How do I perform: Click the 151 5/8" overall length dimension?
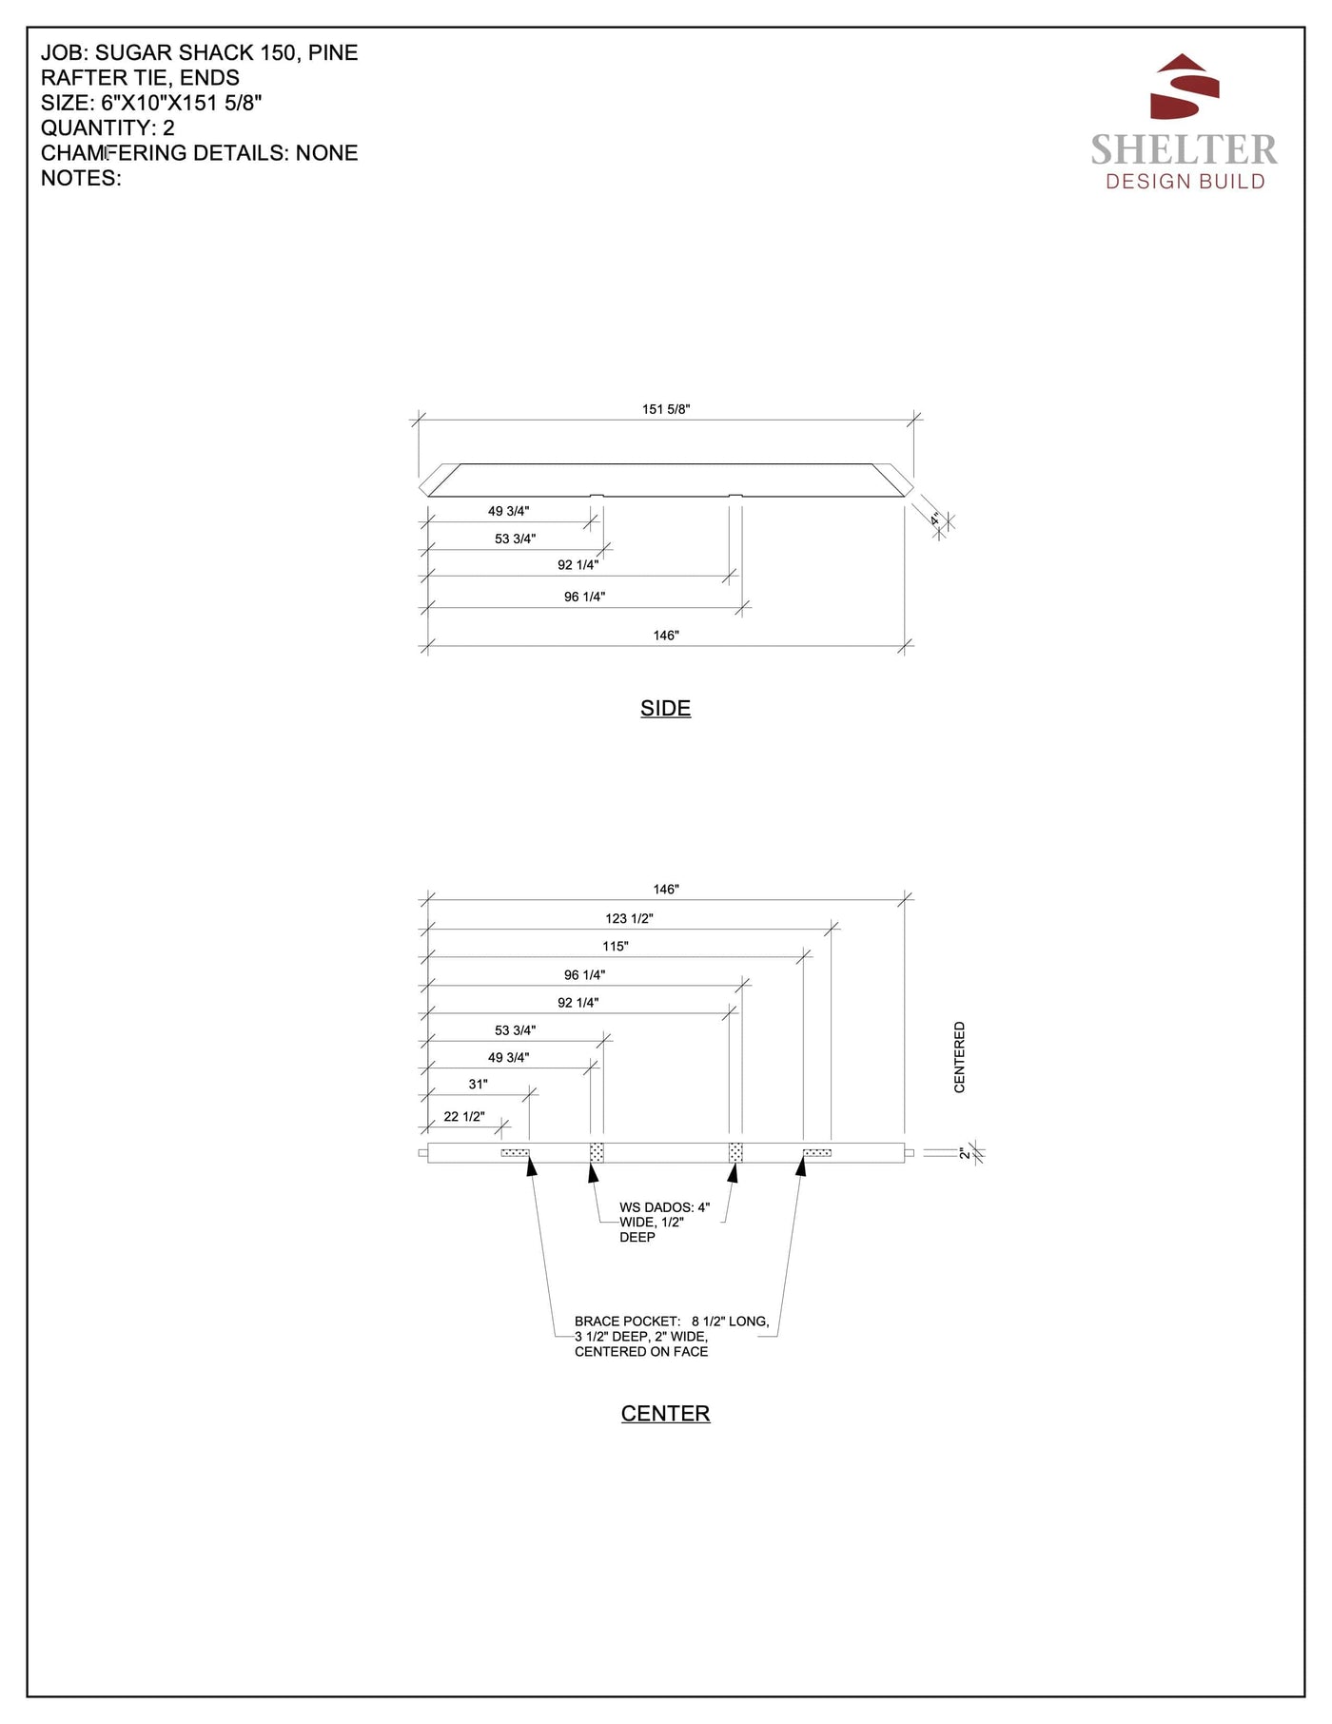pos(665,409)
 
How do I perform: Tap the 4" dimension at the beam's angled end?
pos(935,519)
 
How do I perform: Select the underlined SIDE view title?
pos(665,708)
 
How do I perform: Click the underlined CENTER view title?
pos(665,1414)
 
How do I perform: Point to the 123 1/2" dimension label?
pos(629,918)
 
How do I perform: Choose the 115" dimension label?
pos(615,946)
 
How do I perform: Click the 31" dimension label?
pos(478,1084)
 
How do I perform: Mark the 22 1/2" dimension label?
pos(464,1116)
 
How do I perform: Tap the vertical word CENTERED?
pos(959,1057)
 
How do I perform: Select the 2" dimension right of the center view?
pos(964,1153)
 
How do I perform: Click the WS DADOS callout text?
pos(663,1222)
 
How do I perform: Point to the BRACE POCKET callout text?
pos(671,1336)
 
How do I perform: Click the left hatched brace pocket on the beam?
pos(515,1153)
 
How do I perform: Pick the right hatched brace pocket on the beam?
pos(817,1153)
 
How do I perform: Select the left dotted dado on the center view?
pos(597,1152)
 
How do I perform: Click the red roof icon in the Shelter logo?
pos(1185,87)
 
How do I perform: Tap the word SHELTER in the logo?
pos(1184,149)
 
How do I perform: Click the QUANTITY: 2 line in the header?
pos(108,127)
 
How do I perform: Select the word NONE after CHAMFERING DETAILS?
pos(326,152)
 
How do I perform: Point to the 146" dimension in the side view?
pos(666,635)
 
